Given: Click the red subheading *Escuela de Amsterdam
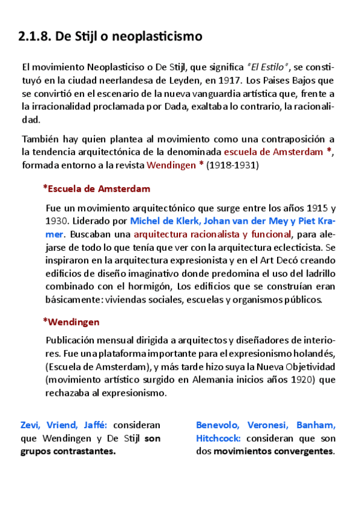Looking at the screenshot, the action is pos(96,189).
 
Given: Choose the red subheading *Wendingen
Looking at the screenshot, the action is pos(71,322).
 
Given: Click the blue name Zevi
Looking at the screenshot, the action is pos(31,425).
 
